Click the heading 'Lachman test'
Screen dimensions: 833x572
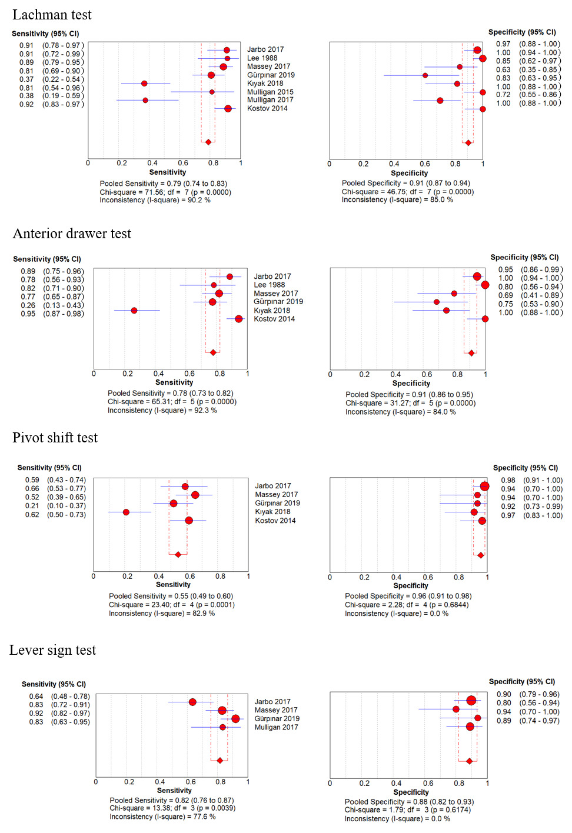[x=52, y=15]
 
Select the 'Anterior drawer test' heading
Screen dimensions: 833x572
[x=72, y=234]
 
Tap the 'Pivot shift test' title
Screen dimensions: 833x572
[x=55, y=438]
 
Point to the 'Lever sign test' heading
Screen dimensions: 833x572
[x=52, y=650]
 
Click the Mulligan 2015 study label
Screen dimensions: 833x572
[x=270, y=92]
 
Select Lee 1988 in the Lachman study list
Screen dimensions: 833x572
[x=262, y=58]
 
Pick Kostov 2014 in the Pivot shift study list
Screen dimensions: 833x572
[x=275, y=521]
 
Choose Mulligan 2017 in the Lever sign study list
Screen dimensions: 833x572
[x=276, y=727]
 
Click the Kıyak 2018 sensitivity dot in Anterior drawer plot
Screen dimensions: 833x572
[x=134, y=310]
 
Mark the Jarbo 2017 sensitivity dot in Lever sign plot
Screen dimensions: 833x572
[x=192, y=702]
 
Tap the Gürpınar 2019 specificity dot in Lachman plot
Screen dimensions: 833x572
[x=425, y=75]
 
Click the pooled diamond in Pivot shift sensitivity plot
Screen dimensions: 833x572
[x=178, y=554]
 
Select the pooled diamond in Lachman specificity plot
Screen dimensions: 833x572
[x=468, y=142]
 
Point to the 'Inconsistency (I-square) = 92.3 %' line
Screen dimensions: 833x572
[x=162, y=411]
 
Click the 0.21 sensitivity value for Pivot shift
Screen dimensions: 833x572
[x=32, y=506]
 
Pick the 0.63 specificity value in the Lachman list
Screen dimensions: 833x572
[x=503, y=69]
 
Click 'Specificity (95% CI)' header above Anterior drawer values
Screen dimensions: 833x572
[x=524, y=258]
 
